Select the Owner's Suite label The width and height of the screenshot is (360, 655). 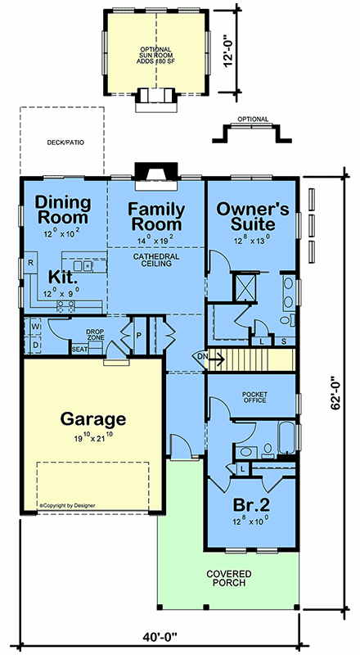[x=253, y=217]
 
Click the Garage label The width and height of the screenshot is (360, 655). [x=93, y=420]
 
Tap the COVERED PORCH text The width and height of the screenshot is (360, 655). [x=251, y=580]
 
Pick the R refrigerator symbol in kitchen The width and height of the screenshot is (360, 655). [x=30, y=264]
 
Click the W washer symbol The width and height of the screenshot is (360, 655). [x=36, y=327]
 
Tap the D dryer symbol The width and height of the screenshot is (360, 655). [x=36, y=345]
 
